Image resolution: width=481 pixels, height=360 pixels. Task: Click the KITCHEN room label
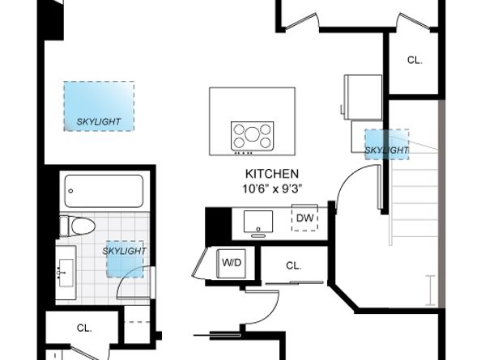(x=272, y=174)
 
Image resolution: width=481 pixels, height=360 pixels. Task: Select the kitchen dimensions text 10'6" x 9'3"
(x=272, y=189)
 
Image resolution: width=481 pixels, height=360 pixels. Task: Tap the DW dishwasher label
(x=304, y=218)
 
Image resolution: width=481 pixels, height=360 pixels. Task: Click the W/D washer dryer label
(x=232, y=263)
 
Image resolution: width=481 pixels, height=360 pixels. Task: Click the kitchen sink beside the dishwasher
(x=259, y=220)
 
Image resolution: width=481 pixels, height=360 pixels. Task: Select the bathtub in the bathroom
(x=104, y=192)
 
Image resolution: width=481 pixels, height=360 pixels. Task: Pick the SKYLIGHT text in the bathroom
(x=125, y=251)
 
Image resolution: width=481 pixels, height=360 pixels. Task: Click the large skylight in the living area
(x=100, y=105)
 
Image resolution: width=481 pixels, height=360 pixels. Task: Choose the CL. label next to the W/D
(x=293, y=265)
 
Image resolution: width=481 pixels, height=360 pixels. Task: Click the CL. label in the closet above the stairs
(x=415, y=60)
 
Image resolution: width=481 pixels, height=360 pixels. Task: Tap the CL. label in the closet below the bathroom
(x=84, y=328)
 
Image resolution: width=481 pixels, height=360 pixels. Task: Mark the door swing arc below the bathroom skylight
(x=130, y=286)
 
